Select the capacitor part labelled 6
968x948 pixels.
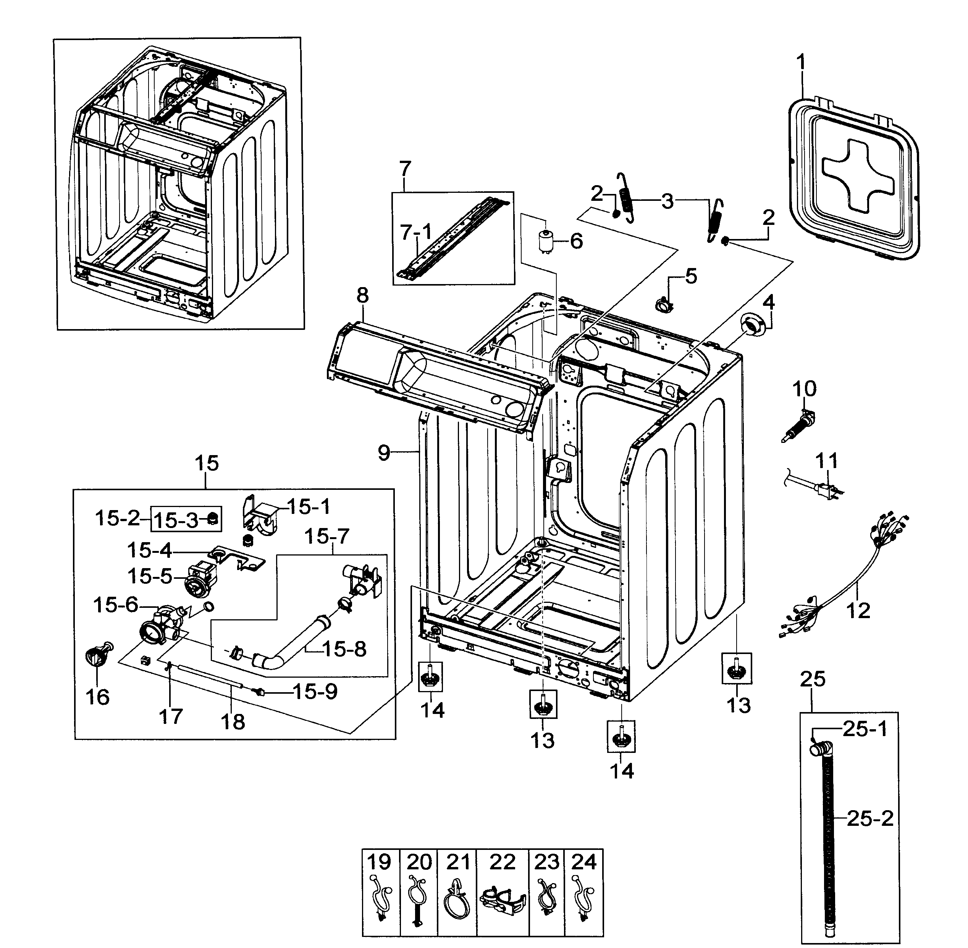point(547,242)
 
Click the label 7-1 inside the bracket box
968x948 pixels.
point(416,232)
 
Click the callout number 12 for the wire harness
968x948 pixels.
point(858,610)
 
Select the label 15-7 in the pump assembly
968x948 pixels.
point(326,537)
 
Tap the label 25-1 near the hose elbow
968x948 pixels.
point(865,730)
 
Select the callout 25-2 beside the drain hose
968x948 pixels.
point(870,819)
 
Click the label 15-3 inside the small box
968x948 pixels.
point(175,520)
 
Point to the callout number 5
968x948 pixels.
point(691,276)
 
